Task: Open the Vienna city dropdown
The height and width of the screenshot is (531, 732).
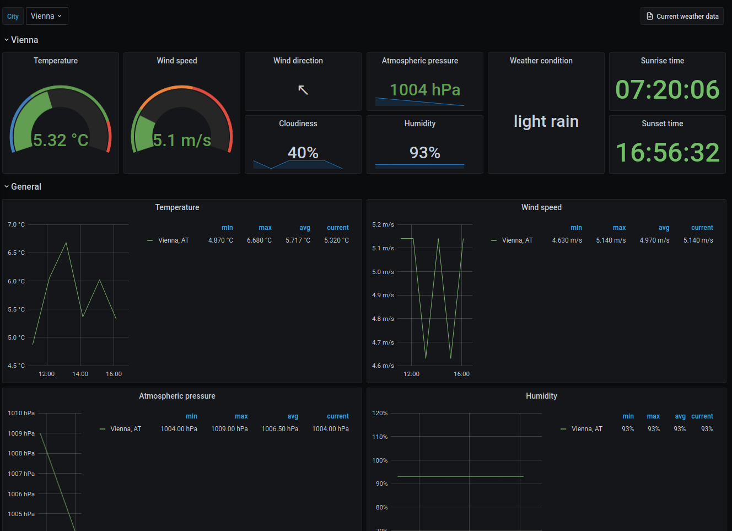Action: [x=47, y=16]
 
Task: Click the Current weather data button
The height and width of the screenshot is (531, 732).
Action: [x=682, y=17]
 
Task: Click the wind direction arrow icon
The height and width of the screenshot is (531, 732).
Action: [x=303, y=89]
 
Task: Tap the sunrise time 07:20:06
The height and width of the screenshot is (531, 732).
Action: [x=667, y=89]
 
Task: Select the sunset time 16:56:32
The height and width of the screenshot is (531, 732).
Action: [x=667, y=153]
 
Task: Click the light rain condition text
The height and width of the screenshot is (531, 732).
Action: [x=546, y=121]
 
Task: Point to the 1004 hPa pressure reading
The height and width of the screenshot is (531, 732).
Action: [x=424, y=90]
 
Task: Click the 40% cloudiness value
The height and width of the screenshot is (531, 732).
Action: [x=303, y=153]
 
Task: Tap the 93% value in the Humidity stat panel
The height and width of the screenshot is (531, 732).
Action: [x=424, y=153]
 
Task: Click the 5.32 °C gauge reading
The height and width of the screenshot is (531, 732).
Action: [x=61, y=140]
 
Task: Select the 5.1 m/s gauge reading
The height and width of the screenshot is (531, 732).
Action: [x=182, y=140]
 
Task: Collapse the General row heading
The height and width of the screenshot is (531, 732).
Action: [x=26, y=186]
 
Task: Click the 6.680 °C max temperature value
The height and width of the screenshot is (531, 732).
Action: [x=259, y=240]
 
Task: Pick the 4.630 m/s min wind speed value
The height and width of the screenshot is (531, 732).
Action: [x=567, y=240]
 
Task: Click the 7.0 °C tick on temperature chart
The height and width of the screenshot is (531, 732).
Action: [x=16, y=224]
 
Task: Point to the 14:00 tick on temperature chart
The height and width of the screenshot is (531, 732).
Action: [x=80, y=374]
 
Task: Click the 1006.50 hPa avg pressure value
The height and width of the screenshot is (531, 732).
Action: [x=279, y=429]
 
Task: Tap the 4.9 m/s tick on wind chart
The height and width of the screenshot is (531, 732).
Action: [x=383, y=295]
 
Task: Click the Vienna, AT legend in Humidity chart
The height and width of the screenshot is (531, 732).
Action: [x=586, y=429]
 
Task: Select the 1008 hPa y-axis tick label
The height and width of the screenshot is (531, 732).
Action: [x=21, y=453]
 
